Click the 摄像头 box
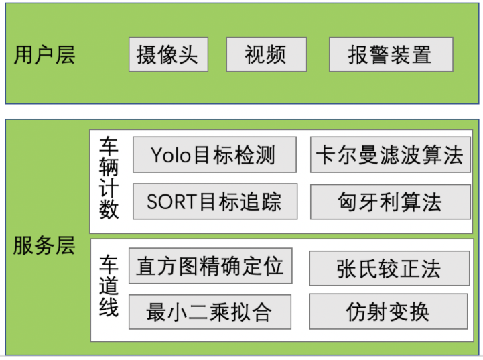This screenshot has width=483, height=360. point(168,54)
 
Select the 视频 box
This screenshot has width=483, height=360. point(266,54)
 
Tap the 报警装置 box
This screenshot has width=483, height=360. point(391,54)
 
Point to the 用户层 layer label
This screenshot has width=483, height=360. point(44,55)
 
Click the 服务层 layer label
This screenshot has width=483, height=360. point(44,245)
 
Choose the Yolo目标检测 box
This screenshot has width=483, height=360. point(214,155)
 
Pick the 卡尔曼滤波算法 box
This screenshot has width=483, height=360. point(390,155)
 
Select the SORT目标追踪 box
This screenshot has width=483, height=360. point(214,201)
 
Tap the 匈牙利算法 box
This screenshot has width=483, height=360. point(390,201)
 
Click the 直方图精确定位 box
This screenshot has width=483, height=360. point(210,265)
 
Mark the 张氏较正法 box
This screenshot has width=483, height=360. point(389,269)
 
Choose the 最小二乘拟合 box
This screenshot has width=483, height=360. point(210,312)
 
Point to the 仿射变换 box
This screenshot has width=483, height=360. point(389,312)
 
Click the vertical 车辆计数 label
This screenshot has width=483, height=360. point(109,178)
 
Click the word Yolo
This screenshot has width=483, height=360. point(171,155)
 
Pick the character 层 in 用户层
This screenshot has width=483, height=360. point(65,55)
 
